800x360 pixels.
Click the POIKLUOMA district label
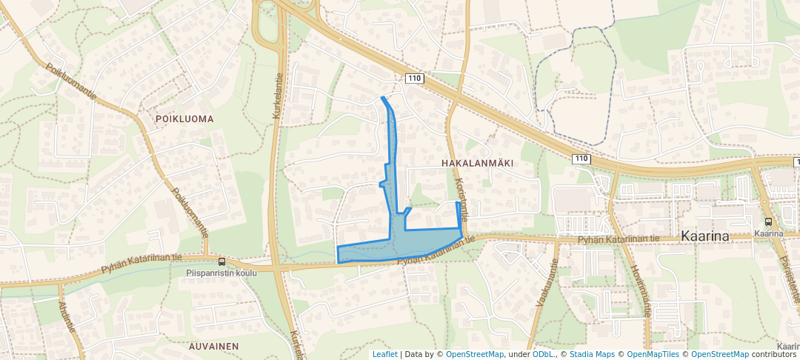pos(184,119)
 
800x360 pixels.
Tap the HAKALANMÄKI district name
pos(477,161)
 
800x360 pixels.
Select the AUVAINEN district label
pos(213,346)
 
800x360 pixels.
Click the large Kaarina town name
pos(705,236)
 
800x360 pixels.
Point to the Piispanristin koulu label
pos(221,272)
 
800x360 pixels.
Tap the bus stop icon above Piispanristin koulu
pos(221,261)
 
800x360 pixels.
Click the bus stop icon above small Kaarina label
pos(768,221)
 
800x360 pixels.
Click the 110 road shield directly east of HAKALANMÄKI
pos(581,159)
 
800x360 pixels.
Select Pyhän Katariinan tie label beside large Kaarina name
pos(619,239)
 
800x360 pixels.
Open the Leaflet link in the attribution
pos(384,354)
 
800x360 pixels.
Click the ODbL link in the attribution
pos(543,354)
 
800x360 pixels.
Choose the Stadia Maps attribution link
pos(590,354)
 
